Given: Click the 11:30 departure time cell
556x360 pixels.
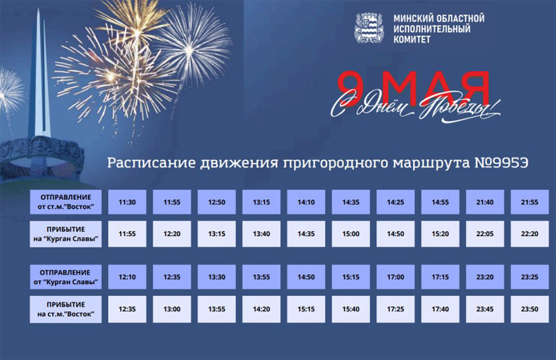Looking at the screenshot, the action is coord(127,202).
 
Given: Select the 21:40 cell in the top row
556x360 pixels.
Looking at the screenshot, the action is coord(485,202).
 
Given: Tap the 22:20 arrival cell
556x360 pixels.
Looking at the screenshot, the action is coord(530,234).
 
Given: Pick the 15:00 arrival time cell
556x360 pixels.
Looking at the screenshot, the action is coord(351,234).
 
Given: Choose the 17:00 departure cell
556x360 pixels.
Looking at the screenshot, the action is coord(395,277).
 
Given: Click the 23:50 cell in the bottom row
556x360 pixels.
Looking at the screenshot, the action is coord(530,309).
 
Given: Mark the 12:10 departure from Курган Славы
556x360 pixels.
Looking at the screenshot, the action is coord(127,277).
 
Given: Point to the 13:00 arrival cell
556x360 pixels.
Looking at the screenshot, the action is coord(171,309).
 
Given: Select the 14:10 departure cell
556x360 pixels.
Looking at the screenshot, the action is coord(306,202).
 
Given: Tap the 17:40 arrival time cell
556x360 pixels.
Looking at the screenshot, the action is coord(440,309).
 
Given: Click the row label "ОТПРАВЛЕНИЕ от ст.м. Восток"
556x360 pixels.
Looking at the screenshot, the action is coord(66,202).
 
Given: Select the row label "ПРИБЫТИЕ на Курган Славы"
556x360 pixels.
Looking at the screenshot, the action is coord(66,234).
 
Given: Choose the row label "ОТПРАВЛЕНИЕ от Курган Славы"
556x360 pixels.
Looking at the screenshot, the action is coord(66,277).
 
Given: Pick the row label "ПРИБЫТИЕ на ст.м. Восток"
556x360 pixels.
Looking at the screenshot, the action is coord(66,309).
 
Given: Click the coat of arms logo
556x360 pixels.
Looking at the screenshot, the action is coord(369,28).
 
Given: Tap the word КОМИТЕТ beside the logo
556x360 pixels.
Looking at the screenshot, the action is coord(412,39).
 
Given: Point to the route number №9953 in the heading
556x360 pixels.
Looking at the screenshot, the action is coord(502,163).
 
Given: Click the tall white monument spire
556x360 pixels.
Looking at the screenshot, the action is coord(39,75).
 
